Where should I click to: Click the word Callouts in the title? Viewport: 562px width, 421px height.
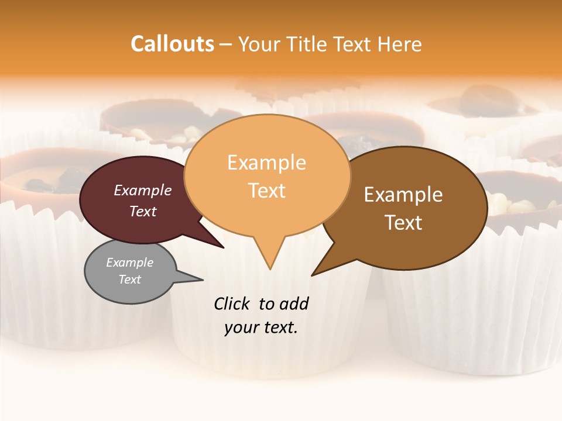tap(172, 44)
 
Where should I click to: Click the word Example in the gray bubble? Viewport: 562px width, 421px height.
tap(130, 263)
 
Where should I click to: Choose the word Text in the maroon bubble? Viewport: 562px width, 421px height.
tap(143, 212)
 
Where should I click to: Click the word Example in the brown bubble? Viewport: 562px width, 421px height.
tap(403, 195)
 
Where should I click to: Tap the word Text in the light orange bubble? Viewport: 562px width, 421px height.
tap(267, 191)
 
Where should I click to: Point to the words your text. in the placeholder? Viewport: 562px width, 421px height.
tap(261, 328)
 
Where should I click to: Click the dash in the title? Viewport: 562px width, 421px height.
tap(226, 44)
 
